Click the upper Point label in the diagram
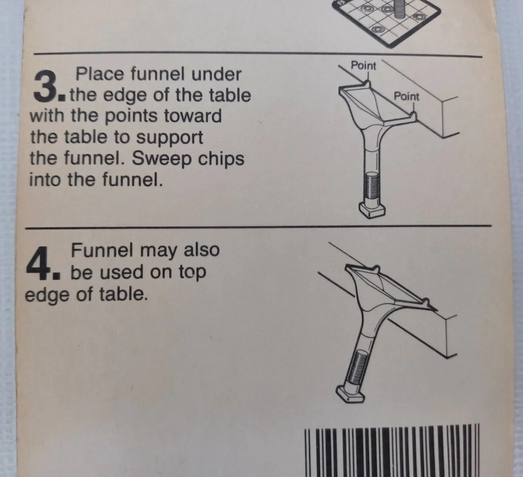coord(363,66)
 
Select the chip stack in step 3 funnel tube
coord(372,187)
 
